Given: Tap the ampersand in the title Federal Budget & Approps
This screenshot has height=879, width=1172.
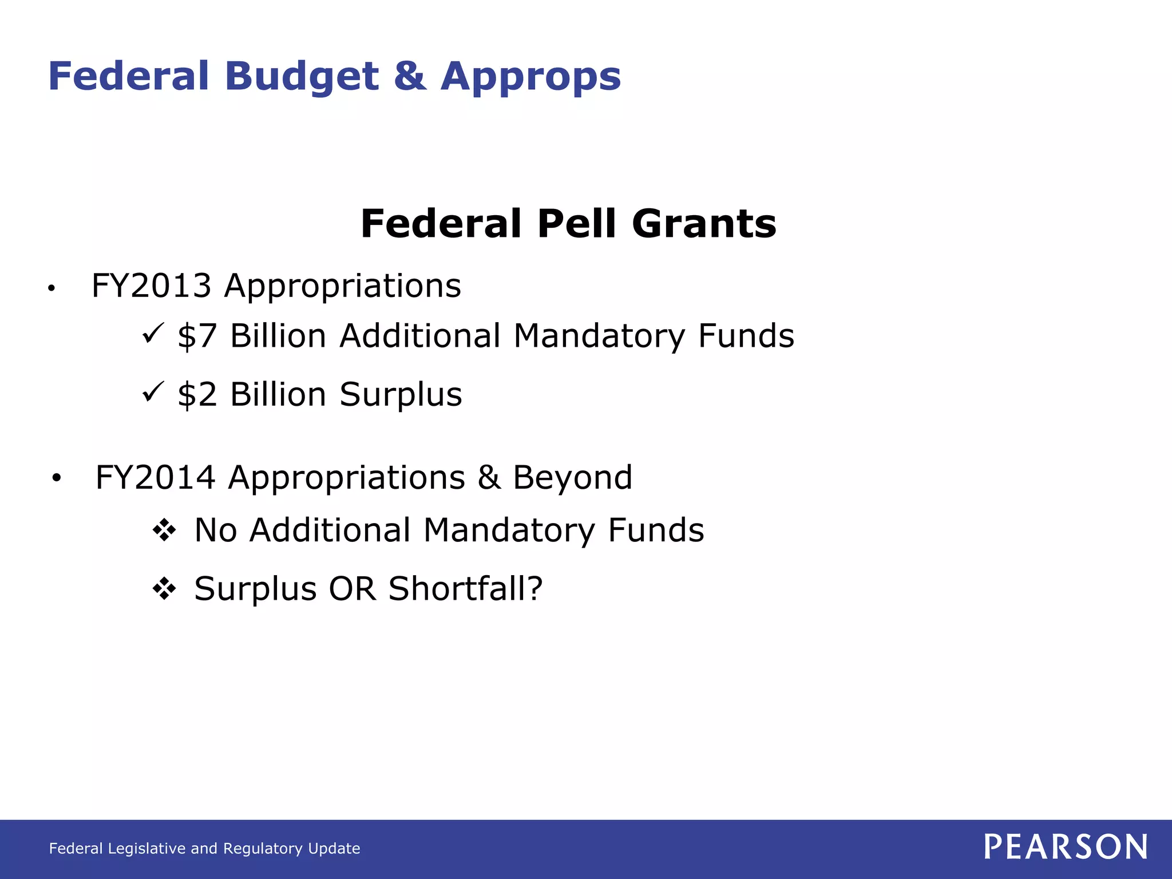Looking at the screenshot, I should [410, 76].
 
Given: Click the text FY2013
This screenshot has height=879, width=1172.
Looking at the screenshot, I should [151, 286].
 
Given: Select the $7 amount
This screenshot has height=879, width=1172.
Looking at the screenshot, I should [197, 336].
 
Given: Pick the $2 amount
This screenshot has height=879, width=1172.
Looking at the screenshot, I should [197, 395].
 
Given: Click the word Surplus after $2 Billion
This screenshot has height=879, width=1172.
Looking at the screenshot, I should [401, 395].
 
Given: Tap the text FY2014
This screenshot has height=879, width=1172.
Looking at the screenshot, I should [155, 477].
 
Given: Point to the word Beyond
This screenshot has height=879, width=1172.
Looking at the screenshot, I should [572, 477].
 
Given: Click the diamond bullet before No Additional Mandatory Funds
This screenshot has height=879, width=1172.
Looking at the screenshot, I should [164, 530].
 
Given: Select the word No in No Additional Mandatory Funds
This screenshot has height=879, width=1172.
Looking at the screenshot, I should [216, 530].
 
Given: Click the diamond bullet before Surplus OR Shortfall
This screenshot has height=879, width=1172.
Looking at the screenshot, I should [164, 589].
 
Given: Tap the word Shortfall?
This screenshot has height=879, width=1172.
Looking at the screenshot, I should [465, 589].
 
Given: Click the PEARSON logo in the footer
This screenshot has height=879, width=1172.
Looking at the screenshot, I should [1066, 847].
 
